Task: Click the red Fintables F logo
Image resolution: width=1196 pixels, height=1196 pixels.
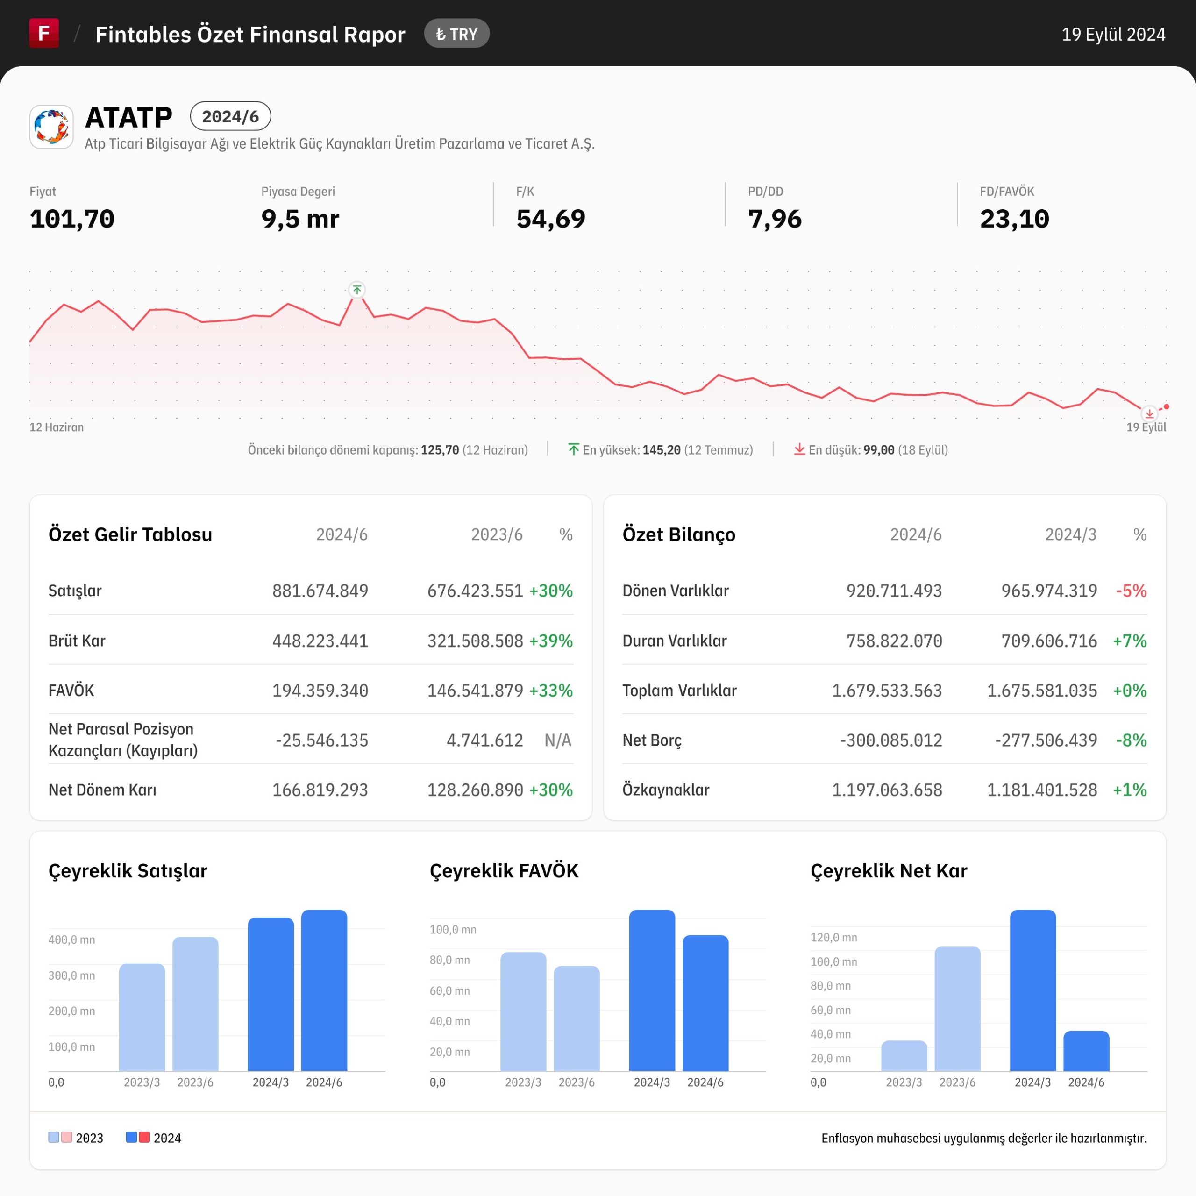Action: click(44, 33)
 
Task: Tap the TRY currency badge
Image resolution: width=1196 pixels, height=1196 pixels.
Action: click(457, 34)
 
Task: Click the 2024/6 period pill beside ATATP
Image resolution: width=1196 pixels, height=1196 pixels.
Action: click(230, 116)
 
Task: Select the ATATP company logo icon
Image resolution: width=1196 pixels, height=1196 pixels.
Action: click(51, 127)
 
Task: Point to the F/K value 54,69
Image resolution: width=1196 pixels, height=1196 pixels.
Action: click(550, 219)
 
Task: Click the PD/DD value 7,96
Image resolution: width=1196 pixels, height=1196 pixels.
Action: click(775, 219)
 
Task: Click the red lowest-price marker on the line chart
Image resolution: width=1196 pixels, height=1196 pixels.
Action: click(1149, 413)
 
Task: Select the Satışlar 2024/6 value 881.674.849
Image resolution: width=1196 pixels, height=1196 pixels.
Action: click(320, 591)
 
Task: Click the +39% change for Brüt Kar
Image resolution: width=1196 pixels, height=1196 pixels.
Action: click(551, 641)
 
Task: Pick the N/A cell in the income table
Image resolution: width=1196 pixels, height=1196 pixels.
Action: click(558, 740)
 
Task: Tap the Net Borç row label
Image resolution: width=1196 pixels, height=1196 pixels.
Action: click(652, 740)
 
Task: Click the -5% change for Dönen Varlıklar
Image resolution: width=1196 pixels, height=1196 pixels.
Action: click(1131, 591)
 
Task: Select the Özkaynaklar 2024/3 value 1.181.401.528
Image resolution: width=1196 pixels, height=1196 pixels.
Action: click(1042, 790)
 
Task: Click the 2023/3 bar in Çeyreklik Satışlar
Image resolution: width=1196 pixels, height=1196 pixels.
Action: click(142, 1017)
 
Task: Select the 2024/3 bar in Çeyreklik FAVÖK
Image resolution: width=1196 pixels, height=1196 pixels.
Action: click(652, 990)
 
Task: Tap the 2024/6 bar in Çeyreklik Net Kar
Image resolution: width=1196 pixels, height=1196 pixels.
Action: click(1086, 1051)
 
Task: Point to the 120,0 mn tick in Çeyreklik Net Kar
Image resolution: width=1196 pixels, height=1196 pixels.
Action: click(834, 937)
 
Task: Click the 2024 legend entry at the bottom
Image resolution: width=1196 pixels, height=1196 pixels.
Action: click(154, 1138)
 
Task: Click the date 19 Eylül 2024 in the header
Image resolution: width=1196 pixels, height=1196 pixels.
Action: click(1113, 34)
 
